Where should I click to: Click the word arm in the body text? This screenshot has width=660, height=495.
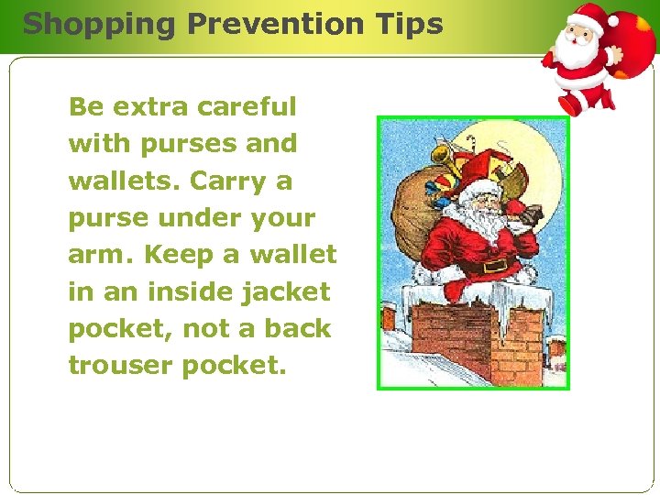click(98, 255)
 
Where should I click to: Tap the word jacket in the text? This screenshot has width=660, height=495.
click(290, 291)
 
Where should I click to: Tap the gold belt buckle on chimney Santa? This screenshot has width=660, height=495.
click(495, 266)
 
